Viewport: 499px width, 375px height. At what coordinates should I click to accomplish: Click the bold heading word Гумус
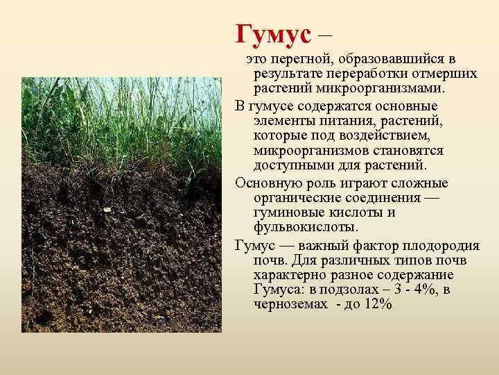[274, 31]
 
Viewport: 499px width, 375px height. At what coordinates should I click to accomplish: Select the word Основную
[268, 183]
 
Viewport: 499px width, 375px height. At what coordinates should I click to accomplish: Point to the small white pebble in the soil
[107, 207]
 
